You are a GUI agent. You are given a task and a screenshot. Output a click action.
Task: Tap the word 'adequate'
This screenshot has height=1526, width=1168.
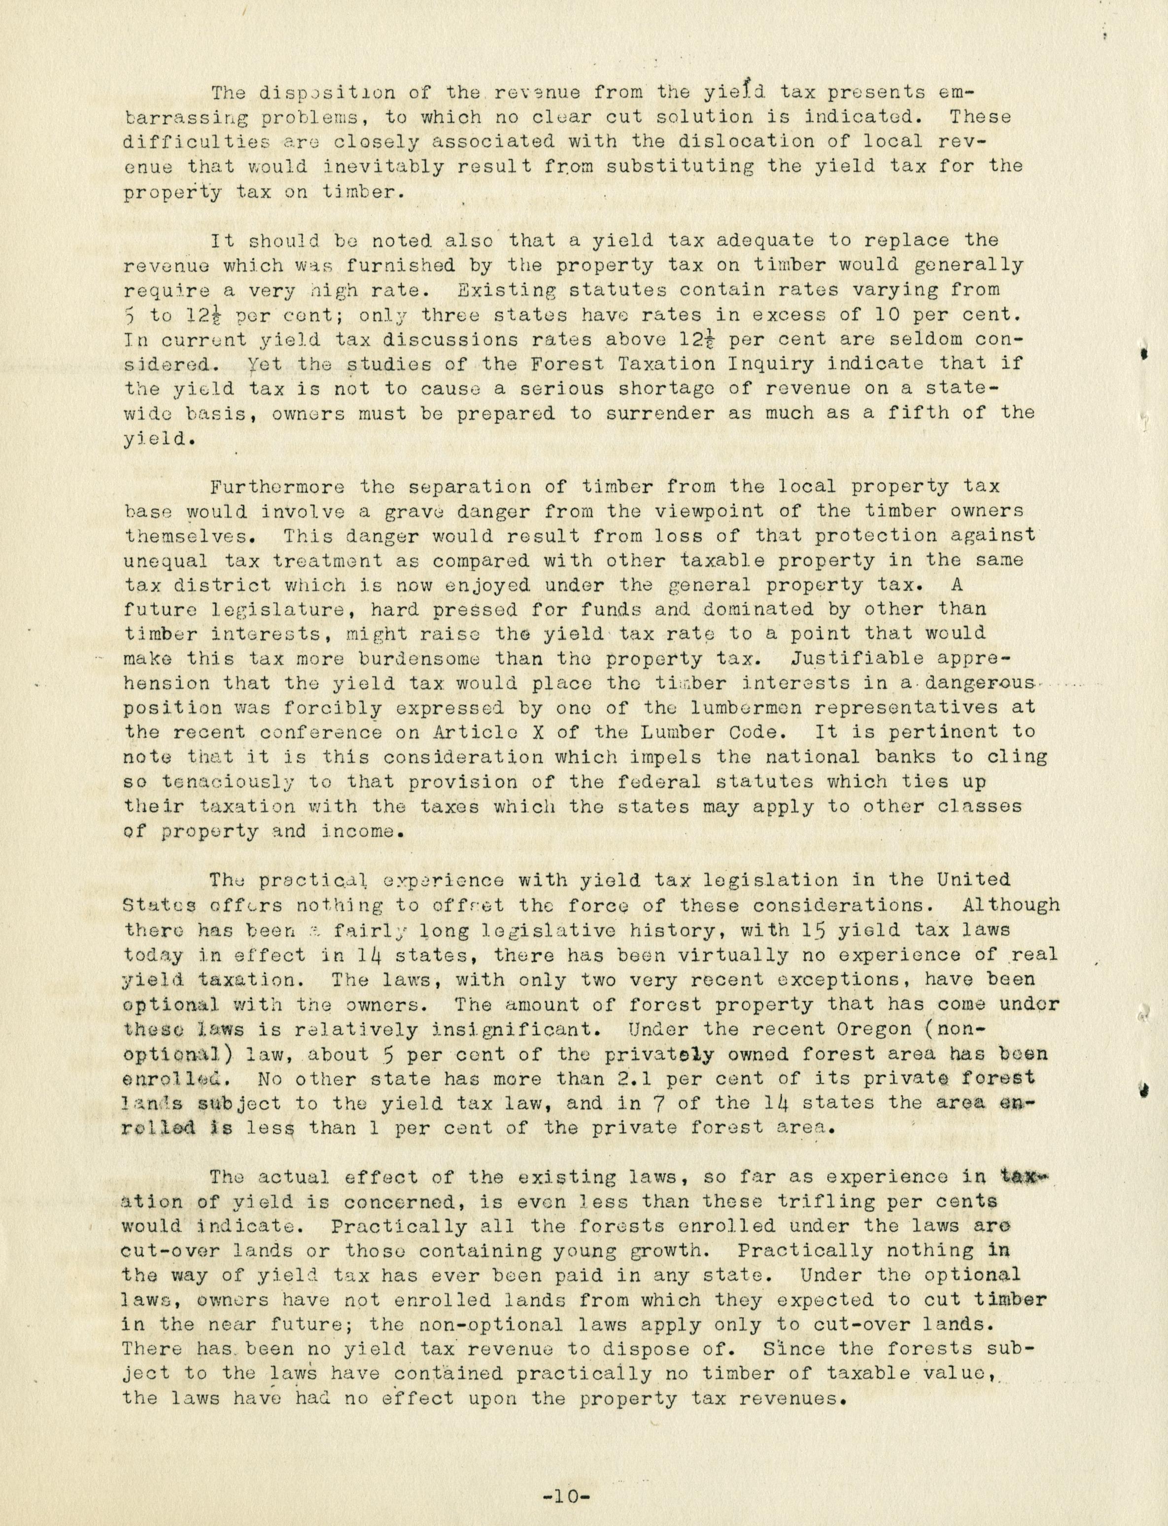pyautogui.click(x=767, y=241)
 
